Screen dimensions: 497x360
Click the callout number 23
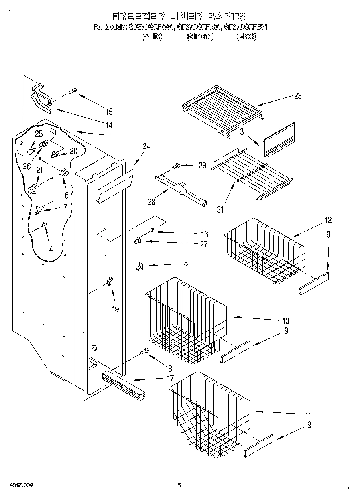(x=297, y=96)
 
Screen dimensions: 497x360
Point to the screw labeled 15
(x=73, y=91)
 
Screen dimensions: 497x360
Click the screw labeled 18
(x=144, y=351)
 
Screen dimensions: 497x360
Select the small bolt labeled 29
(x=176, y=165)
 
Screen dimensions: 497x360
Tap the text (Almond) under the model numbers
(x=200, y=37)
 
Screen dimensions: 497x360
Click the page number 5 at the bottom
(x=179, y=485)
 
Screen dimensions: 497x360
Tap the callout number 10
(x=285, y=321)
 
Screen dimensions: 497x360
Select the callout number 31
(x=221, y=209)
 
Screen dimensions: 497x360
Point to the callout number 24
(x=146, y=147)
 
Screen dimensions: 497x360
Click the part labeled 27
(x=137, y=241)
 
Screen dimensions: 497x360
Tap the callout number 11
(x=308, y=415)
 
